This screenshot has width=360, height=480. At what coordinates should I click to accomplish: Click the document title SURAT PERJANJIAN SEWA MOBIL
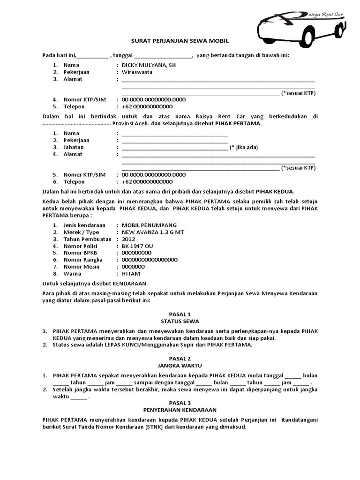[180, 41]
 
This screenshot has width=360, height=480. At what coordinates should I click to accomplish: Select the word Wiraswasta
[137, 72]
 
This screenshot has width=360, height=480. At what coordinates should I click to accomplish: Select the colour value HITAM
[131, 273]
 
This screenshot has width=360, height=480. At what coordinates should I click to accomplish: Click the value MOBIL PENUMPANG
[150, 225]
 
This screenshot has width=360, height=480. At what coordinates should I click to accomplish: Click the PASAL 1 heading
[180, 314]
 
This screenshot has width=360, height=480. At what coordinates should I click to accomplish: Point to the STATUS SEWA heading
[180, 321]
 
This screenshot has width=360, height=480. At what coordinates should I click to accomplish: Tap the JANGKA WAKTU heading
[180, 365]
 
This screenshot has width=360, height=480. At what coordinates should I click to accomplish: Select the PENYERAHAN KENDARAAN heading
[180, 410]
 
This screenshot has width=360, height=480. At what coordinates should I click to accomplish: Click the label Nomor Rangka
[83, 260]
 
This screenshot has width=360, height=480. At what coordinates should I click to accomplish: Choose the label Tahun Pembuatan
[87, 239]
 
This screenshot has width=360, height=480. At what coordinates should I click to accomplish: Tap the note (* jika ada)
[244, 147]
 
